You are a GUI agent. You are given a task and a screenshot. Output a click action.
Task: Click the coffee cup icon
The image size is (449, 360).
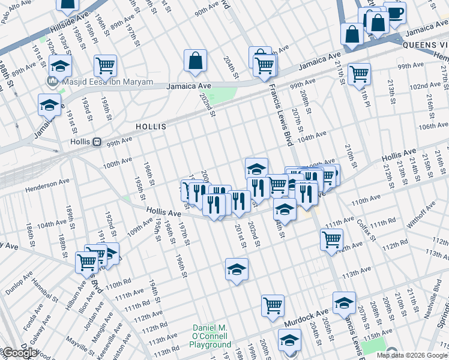(394, 13)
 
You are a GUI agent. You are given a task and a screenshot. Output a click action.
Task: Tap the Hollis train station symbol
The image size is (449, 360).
(95, 142)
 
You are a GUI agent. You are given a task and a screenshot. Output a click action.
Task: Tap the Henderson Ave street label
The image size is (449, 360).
(47, 185)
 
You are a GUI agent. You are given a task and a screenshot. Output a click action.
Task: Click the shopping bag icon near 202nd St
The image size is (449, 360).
(196, 60)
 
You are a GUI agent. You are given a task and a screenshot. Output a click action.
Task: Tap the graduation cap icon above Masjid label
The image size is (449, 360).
(60, 65)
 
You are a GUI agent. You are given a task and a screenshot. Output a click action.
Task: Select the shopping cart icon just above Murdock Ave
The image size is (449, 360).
(273, 305)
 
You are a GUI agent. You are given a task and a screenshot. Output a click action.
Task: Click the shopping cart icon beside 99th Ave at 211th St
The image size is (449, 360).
(359, 74)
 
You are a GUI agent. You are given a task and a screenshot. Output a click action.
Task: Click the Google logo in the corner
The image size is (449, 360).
(20, 353)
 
